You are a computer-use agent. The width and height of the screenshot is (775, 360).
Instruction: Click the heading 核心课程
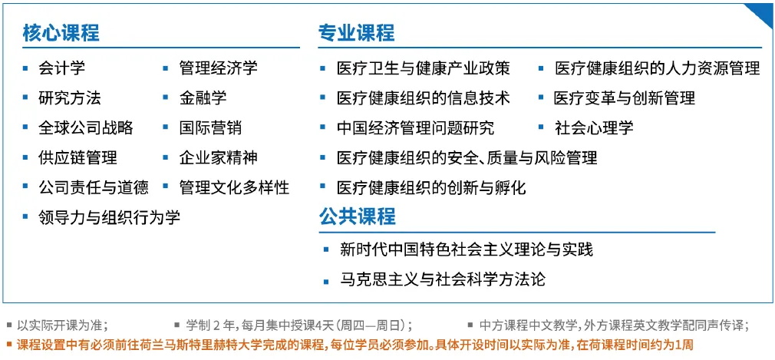click(61, 33)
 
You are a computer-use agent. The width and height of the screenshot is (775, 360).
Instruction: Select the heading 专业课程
click(356, 33)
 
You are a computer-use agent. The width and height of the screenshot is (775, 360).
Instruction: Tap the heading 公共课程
click(357, 216)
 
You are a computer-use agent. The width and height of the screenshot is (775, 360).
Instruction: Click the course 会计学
click(62, 68)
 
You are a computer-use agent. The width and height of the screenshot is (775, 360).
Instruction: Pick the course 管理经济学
click(218, 68)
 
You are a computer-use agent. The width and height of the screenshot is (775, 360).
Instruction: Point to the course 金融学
click(203, 98)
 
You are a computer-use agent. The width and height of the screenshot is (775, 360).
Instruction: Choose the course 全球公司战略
click(85, 127)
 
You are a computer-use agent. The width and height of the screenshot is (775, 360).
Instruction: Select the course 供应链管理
click(77, 157)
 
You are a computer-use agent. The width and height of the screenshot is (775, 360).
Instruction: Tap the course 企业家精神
click(218, 157)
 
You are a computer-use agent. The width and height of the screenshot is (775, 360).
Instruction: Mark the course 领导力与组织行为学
click(109, 217)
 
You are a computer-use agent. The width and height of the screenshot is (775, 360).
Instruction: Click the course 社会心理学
click(594, 127)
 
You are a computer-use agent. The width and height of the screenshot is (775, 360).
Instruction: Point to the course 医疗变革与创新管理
click(625, 98)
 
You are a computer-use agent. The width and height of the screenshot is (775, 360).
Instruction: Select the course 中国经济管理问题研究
click(415, 127)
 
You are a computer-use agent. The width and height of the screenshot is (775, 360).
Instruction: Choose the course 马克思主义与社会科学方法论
click(443, 279)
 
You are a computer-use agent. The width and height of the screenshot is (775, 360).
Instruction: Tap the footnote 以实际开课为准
click(62, 325)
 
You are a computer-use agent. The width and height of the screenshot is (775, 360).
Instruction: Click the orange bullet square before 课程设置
click(9, 345)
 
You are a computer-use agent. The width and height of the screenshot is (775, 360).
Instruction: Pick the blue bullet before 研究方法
click(25, 98)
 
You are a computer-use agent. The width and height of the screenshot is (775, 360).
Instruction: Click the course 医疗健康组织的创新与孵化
click(431, 187)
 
